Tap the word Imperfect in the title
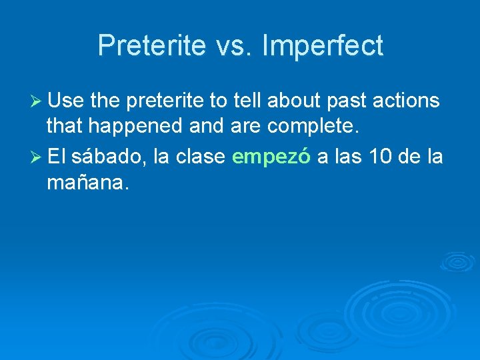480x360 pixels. tap(323, 46)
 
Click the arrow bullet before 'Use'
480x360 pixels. tap(37, 101)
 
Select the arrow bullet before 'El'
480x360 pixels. tap(37, 157)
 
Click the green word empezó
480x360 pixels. tap(271, 157)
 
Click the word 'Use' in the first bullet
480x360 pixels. tap(64, 101)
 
